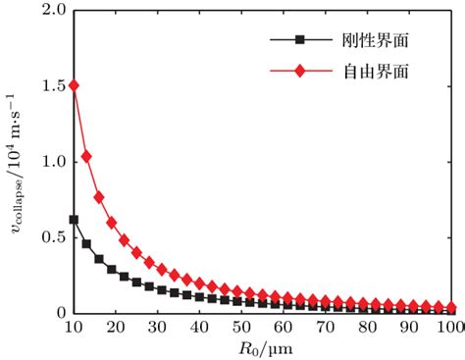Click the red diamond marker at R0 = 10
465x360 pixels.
tap(73, 85)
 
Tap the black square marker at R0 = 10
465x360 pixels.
tap(73, 219)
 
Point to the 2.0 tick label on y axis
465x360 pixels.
tap(54, 10)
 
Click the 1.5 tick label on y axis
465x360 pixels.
tap(54, 85)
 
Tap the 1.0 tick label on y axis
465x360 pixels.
tap(54, 161)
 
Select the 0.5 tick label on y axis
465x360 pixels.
tap(54, 237)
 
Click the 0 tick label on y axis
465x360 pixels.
tap(61, 313)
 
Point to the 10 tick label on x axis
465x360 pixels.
tap(73, 326)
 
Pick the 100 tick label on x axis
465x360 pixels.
tap(450, 326)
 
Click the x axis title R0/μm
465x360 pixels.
tap(263, 347)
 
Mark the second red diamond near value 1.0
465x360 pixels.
tap(85, 156)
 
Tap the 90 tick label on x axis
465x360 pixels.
tap(411, 326)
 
